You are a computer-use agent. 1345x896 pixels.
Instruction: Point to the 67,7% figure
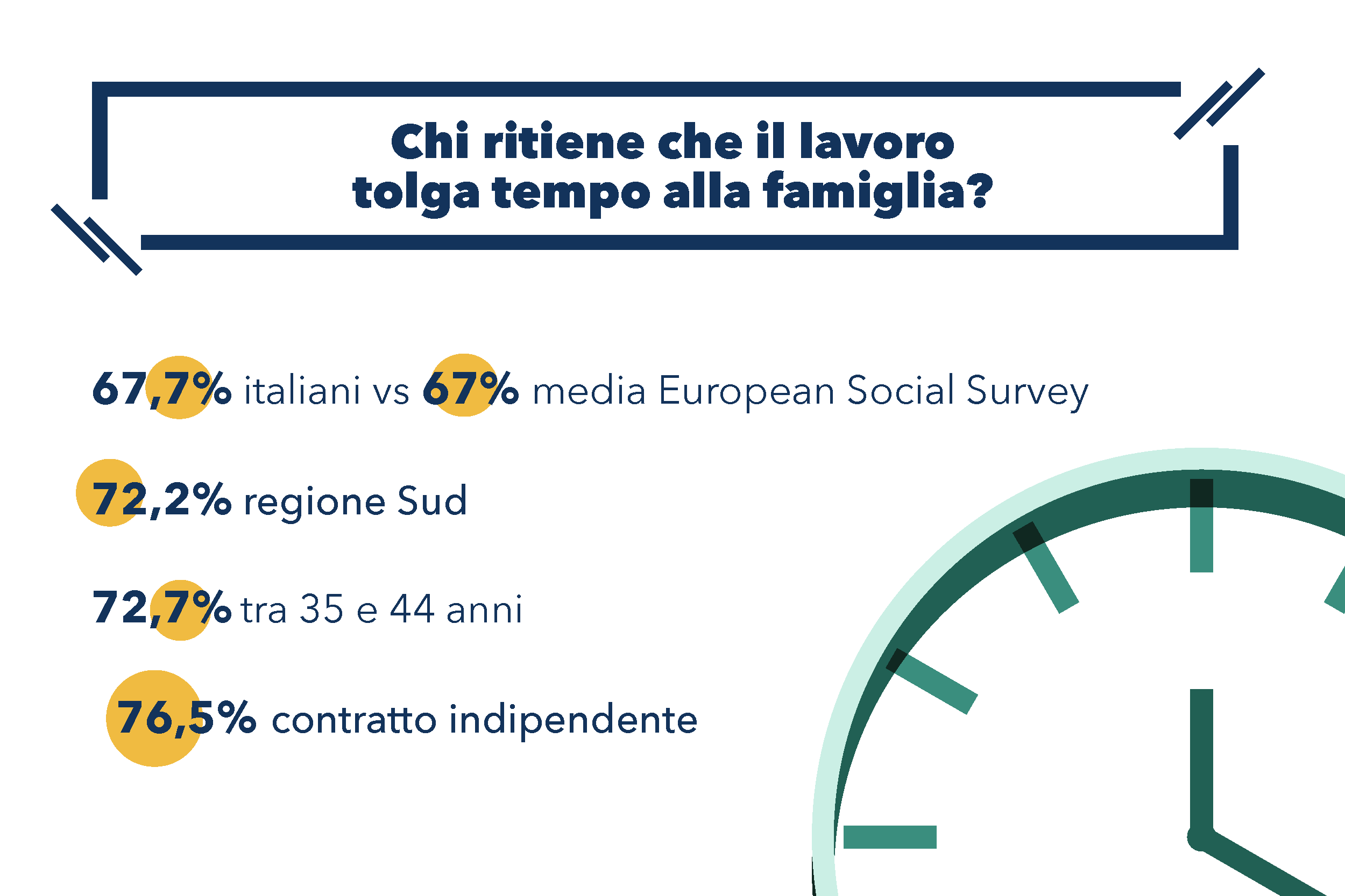tap(162, 389)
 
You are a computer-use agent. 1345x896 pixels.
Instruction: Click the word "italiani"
tap(302, 391)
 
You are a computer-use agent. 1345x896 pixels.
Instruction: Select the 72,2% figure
tap(162, 499)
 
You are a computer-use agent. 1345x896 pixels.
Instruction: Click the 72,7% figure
tap(162, 607)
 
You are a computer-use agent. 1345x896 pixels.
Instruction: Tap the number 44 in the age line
tap(412, 608)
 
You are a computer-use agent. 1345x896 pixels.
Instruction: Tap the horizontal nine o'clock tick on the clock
tap(890, 837)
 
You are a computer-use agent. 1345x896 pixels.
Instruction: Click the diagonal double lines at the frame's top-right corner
tap(1219, 103)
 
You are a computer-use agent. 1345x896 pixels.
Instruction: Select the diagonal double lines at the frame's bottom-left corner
tap(96, 239)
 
